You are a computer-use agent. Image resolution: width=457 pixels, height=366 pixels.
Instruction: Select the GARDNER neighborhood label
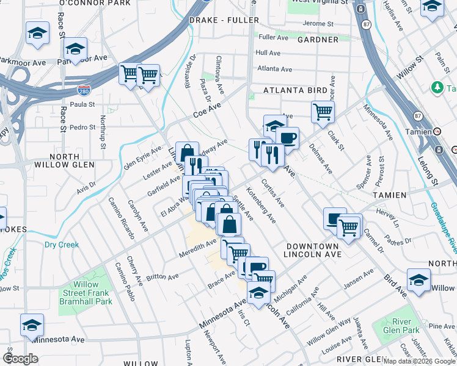pyautogui.click(x=317, y=40)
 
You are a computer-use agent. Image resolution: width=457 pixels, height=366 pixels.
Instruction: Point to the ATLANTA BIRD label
pyautogui.click(x=295, y=90)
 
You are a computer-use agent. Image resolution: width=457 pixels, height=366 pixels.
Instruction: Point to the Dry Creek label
pyautogui.click(x=62, y=245)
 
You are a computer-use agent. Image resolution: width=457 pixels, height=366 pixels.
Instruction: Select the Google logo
pyautogui.click(x=20, y=359)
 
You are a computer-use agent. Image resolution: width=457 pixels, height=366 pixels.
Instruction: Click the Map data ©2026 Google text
pyautogui.click(x=419, y=361)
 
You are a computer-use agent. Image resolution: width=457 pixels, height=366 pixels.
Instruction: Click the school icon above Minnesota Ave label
pyautogui.click(x=32, y=325)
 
